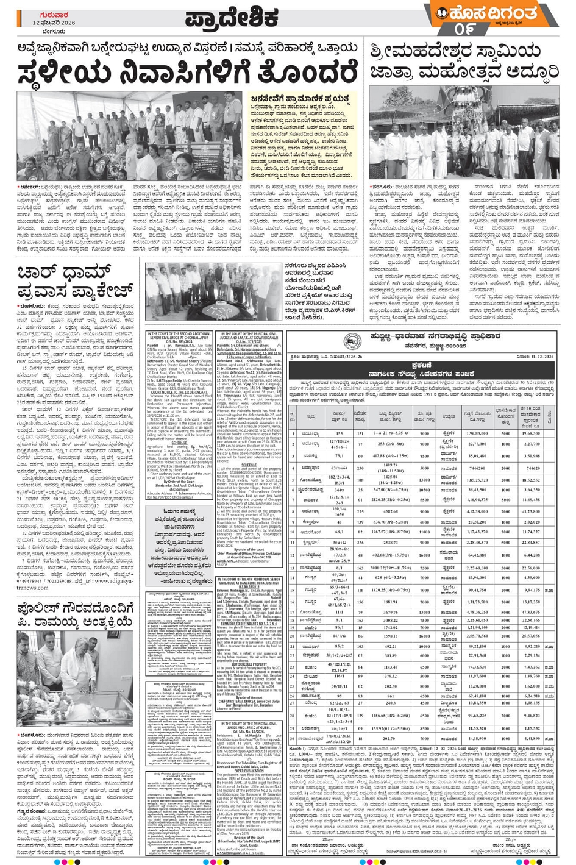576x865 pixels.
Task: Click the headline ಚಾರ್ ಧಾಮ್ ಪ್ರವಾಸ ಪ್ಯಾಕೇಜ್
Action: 74,280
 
